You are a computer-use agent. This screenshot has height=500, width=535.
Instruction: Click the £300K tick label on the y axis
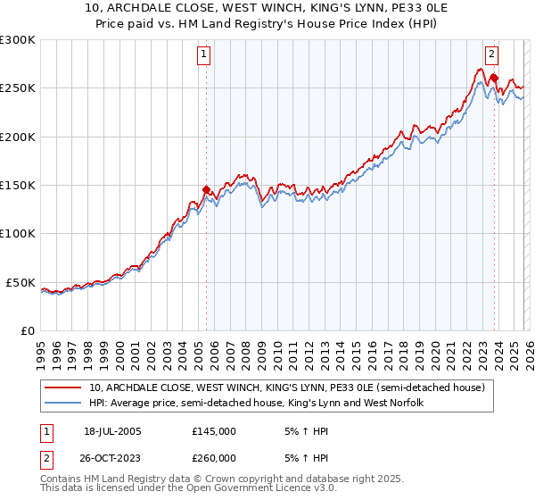(18, 40)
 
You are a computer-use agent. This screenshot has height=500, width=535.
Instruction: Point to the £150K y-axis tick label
(18, 186)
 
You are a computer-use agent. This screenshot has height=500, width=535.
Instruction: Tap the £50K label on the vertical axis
(21, 282)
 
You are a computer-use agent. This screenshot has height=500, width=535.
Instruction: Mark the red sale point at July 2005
(206, 189)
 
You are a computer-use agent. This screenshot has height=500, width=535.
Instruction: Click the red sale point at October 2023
(493, 79)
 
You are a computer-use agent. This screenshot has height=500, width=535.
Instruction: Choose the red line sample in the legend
(63, 388)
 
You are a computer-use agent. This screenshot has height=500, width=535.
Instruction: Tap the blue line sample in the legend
(63, 404)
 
